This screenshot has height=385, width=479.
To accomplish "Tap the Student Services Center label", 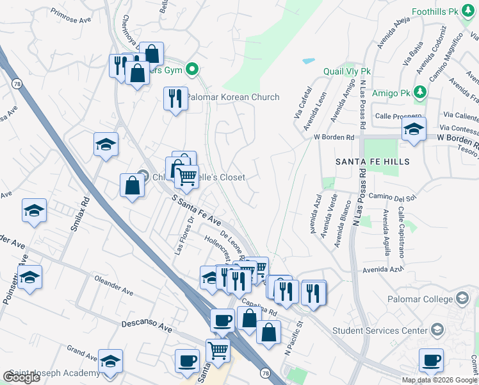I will coord(380,331).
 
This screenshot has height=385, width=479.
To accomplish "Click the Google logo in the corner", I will coord(21,377).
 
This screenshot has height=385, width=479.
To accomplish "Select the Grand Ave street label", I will coord(81,352).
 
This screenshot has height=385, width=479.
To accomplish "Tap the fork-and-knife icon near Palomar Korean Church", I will coord(175,98).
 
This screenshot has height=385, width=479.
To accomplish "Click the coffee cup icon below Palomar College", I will coord(432,359).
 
